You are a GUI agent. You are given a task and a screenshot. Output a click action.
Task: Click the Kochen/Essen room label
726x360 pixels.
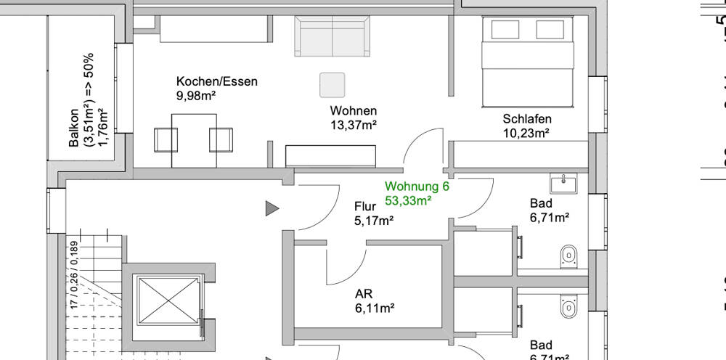(216, 81)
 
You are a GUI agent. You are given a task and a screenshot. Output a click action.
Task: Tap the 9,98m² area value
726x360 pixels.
(196, 95)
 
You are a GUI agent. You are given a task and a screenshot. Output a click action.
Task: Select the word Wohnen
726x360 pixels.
(353, 111)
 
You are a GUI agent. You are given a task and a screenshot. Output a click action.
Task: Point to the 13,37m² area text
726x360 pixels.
(353, 125)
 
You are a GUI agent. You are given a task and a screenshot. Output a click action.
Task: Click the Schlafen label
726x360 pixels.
(527, 119)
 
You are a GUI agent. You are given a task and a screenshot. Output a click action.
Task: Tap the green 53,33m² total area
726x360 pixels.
(409, 200)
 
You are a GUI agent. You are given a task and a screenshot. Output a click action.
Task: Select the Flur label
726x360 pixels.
(365, 207)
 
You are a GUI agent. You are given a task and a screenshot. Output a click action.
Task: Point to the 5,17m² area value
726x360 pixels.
(374, 221)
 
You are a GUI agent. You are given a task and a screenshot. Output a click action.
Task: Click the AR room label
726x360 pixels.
(364, 295)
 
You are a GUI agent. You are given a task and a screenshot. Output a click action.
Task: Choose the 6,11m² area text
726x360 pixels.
(374, 308)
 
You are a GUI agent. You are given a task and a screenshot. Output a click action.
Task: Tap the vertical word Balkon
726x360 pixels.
(74, 128)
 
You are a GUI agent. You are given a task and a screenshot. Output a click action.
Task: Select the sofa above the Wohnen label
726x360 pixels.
(331, 37)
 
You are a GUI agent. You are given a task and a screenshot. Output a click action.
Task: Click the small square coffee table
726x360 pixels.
(333, 85)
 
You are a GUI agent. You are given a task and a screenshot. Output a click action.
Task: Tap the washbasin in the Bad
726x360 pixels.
(563, 183)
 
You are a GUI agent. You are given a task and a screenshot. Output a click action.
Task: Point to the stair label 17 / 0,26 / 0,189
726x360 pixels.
(73, 272)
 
